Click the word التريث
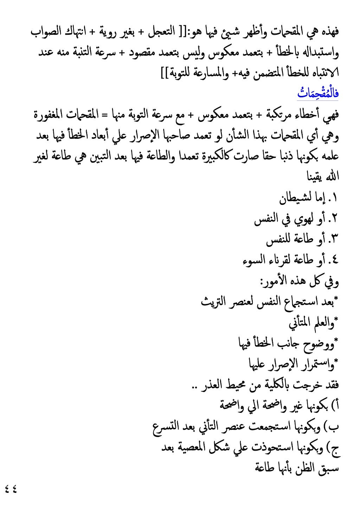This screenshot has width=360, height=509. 213,301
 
